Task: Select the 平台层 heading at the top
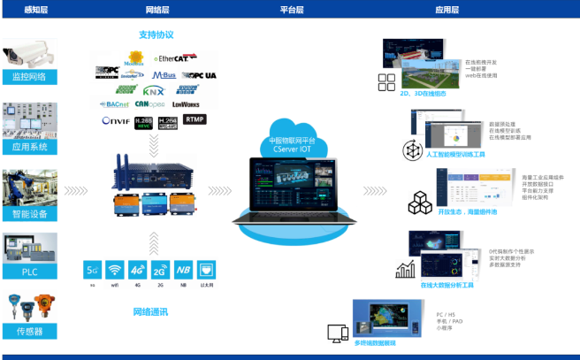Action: (291, 10)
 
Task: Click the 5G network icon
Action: (92, 270)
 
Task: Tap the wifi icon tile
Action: (114, 270)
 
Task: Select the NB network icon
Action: (181, 270)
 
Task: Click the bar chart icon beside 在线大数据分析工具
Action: (408, 269)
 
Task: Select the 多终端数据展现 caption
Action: (374, 341)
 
